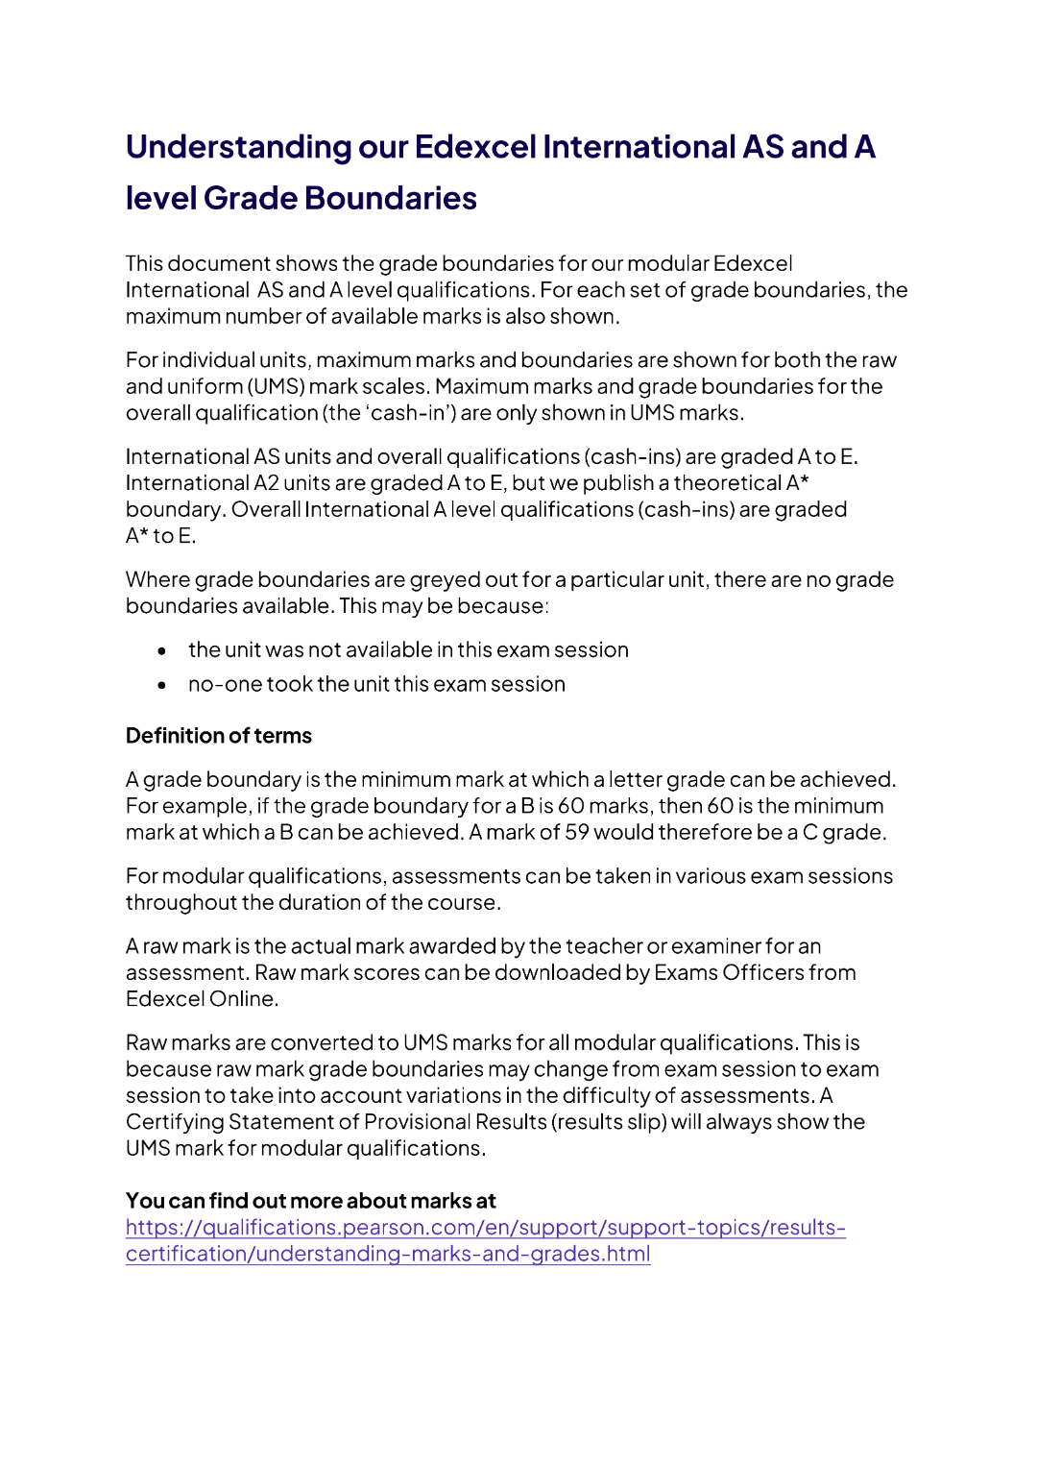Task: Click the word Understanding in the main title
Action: click(238, 147)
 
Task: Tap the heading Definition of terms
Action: click(219, 736)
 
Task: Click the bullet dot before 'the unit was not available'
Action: click(162, 651)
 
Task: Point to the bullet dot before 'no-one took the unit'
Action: click(162, 685)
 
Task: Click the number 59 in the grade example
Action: click(577, 832)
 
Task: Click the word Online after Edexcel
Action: click(244, 999)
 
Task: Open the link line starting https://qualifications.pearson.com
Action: click(485, 1228)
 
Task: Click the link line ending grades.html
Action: click(388, 1254)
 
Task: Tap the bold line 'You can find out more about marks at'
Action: click(310, 1201)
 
